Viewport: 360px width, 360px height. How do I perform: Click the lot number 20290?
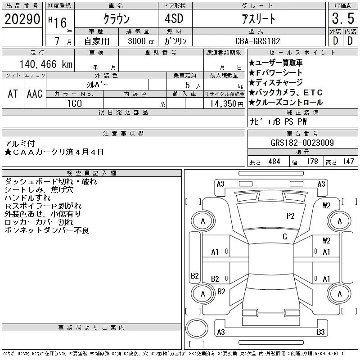[22, 19]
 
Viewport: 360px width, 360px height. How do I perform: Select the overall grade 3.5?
[343, 18]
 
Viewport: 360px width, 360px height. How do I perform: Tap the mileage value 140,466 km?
[46, 64]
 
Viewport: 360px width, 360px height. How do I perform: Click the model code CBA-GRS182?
[258, 41]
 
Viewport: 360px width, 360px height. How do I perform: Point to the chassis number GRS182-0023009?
[302, 143]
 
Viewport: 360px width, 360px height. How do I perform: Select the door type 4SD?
[174, 18]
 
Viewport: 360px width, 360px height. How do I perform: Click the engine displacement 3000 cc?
[141, 41]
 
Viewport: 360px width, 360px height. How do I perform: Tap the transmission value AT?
[13, 94]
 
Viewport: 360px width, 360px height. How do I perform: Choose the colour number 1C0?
[74, 103]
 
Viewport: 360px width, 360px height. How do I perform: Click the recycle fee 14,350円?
[227, 104]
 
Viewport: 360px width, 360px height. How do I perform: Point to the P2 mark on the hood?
[290, 216]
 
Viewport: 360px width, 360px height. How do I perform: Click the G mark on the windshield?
[285, 237]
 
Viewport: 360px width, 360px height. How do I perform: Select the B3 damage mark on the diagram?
[321, 332]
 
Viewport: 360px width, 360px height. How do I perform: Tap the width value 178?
[312, 162]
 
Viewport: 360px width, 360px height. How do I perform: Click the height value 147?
[348, 162]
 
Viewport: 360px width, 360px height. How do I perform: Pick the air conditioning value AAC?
[35, 94]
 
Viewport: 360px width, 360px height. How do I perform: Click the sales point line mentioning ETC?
[286, 92]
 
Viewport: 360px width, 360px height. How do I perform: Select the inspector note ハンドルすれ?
[27, 198]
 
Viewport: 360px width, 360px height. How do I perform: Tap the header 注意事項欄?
[123, 133]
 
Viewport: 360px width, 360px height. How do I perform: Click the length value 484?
[274, 162]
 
